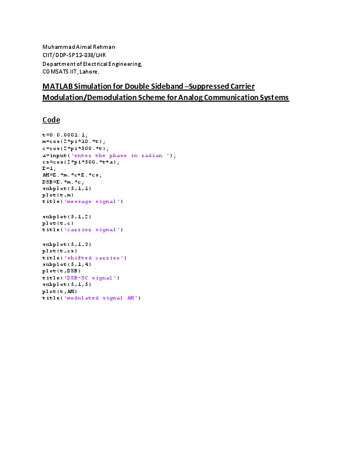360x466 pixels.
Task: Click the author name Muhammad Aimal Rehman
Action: pos(79,47)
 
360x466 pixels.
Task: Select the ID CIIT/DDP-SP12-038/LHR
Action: pos(74,55)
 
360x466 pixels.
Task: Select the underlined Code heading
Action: pos(51,120)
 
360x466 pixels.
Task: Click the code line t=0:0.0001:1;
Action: pos(65,135)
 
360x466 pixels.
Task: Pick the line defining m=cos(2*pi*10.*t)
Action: pos(74,141)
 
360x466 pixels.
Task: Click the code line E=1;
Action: pos(49,168)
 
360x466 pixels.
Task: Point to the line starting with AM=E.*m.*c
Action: pos(72,175)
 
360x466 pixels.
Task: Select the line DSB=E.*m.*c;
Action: pos(64,182)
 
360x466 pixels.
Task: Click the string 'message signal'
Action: pos(92,201)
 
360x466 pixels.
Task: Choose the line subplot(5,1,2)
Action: pos(67,217)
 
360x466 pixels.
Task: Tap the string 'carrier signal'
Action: pos(92,229)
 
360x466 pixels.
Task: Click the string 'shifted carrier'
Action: pos(94,258)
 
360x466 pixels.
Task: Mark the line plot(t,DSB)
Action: pos(62,271)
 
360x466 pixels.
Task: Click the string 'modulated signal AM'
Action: pos(101,298)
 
